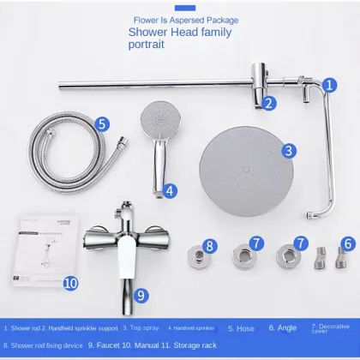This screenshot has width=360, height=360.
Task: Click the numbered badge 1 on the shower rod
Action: coord(328,85)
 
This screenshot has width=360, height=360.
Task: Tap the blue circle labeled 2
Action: coord(269,104)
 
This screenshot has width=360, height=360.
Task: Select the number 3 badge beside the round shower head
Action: coord(290,150)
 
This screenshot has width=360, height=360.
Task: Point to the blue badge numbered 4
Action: coord(171,190)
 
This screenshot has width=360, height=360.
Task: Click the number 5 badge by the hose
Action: coord(102,123)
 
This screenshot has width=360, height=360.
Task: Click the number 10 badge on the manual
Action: coord(71,281)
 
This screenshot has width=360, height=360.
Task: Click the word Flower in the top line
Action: coord(148,20)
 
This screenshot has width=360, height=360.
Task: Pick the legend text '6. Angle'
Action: coord(283,327)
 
